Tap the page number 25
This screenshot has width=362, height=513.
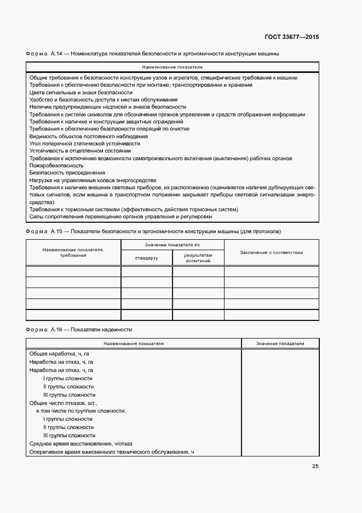(x=315, y=466)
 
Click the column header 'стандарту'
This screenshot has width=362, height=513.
(x=146, y=258)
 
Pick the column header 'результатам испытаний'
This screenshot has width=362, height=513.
(x=198, y=258)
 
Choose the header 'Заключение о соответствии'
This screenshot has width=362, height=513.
(x=271, y=252)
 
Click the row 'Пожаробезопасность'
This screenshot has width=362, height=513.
(x=56, y=165)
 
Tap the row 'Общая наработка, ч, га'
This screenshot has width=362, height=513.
(x=59, y=354)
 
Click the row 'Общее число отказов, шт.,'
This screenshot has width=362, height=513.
(x=63, y=403)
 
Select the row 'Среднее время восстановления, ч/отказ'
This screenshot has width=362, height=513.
(x=81, y=443)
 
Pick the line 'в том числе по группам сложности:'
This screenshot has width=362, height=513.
(x=81, y=410)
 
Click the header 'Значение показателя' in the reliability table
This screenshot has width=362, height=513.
(x=280, y=343)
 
